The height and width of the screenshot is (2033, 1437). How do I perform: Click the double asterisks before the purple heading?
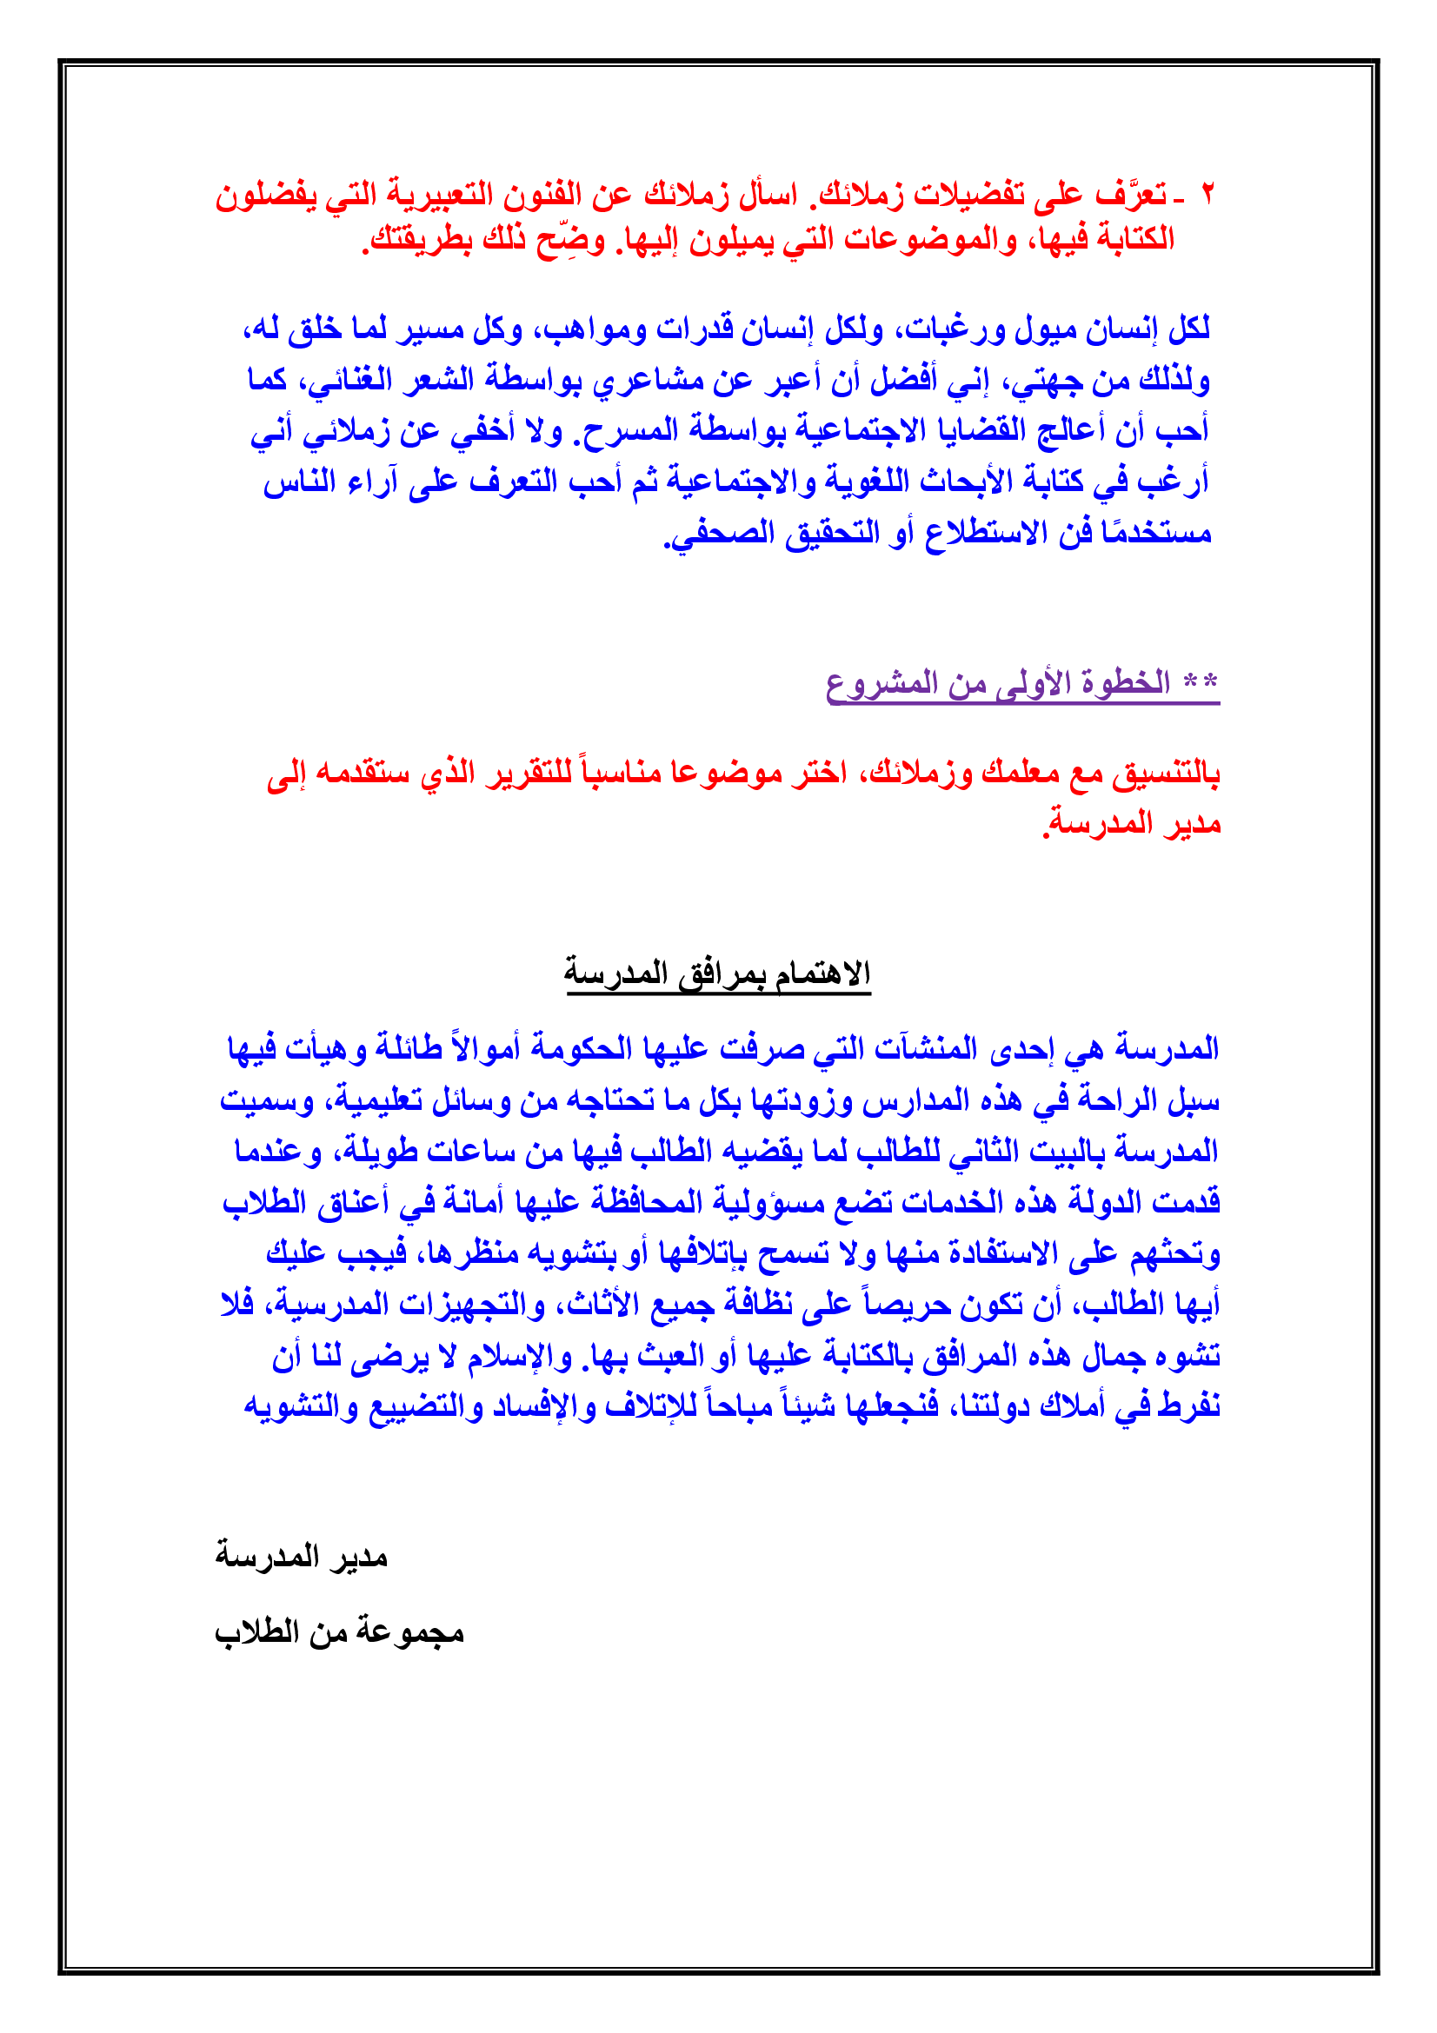pos(1201,681)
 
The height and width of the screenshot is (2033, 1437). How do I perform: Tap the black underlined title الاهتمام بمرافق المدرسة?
pos(718,973)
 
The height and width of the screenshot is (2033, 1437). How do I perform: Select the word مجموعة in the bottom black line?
pos(410,1631)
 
